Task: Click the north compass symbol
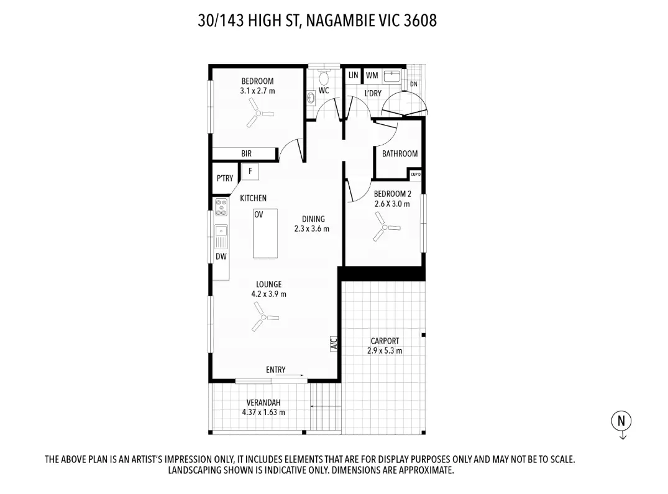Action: [x=621, y=421]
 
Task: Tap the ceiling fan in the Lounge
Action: [x=263, y=319]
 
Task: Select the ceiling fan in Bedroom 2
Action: [x=385, y=226]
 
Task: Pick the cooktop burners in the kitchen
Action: [x=221, y=207]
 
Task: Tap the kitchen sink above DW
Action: [x=221, y=236]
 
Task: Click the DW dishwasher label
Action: [x=221, y=257]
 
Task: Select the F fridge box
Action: [x=250, y=170]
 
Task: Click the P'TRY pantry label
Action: [x=225, y=178]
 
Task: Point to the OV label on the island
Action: [x=259, y=214]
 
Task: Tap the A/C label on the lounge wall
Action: [x=333, y=343]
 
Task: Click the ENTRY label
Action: [x=276, y=370]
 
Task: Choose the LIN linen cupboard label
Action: [x=354, y=75]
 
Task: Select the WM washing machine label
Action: [x=372, y=75]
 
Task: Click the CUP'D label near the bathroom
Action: [x=416, y=175]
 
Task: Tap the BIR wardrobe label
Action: [x=247, y=153]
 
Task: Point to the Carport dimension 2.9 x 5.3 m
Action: [x=385, y=350]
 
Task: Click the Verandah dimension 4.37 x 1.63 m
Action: [x=263, y=412]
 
